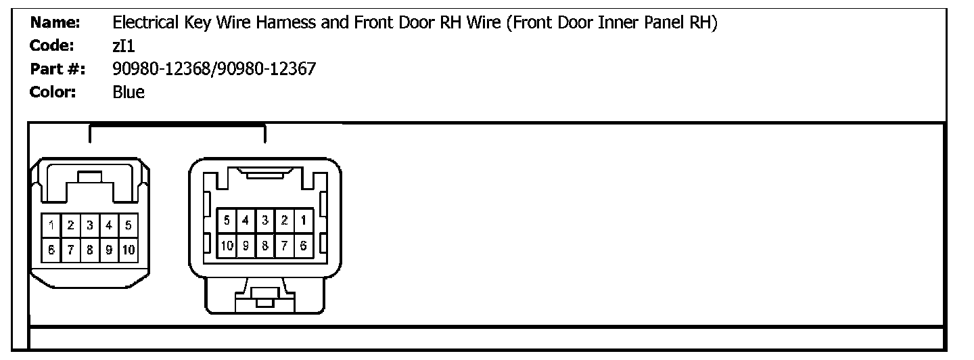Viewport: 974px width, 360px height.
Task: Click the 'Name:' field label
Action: point(55,23)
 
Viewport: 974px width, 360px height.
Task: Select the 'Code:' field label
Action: point(53,45)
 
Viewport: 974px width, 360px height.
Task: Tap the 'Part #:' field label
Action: point(57,68)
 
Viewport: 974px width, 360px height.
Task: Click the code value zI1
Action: point(124,45)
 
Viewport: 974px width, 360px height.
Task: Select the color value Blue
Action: point(129,91)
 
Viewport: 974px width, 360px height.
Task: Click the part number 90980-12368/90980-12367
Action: point(214,68)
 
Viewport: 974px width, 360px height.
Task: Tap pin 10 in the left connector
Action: point(127,249)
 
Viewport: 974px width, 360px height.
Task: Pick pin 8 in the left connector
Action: point(89,249)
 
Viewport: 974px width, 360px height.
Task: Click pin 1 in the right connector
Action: point(303,220)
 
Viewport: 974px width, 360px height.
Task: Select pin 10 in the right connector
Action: point(227,244)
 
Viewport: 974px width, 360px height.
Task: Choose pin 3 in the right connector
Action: point(265,220)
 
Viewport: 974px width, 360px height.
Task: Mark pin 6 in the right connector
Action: point(303,244)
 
